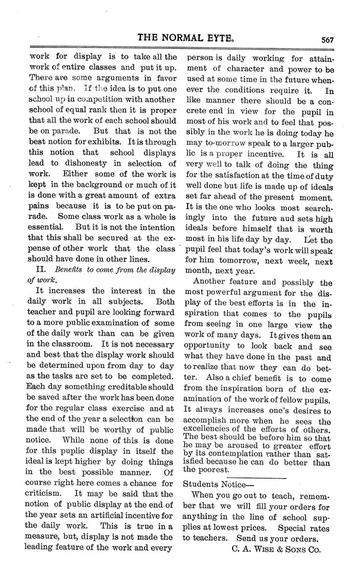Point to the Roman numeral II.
pos(32,269)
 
